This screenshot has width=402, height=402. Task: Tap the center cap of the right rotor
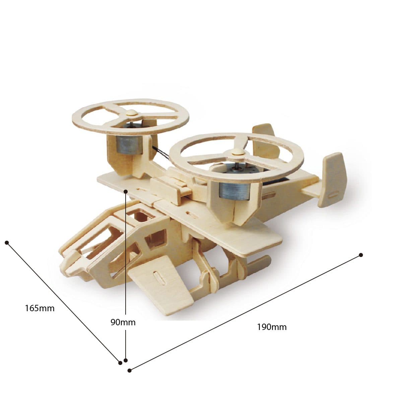(238, 152)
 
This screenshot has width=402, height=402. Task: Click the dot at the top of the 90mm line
(126, 192)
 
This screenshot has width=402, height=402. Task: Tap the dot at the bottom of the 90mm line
(126, 360)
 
